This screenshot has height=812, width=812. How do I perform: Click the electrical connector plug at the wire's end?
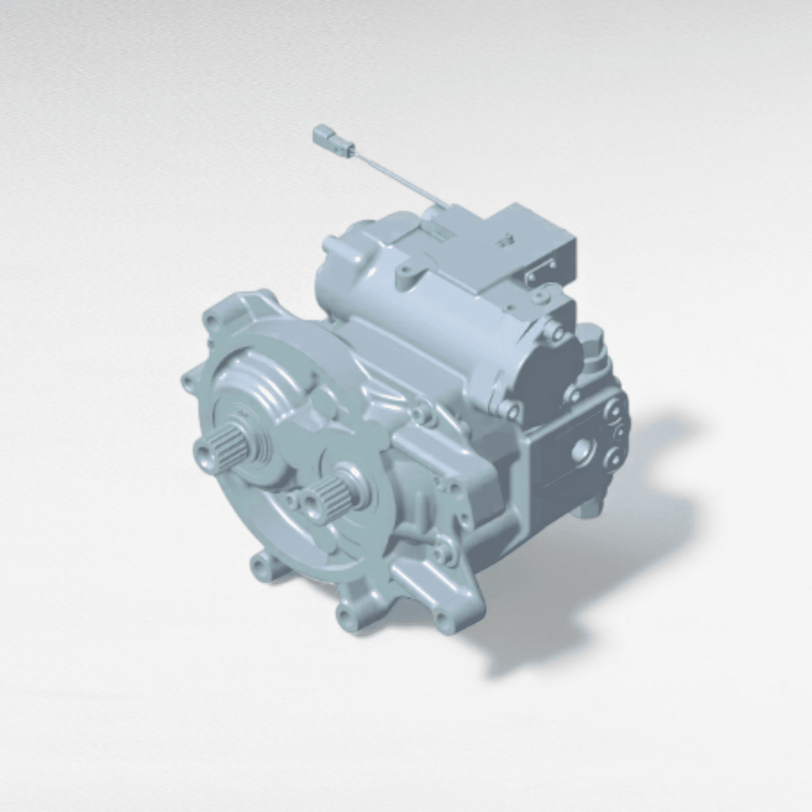coord(328,139)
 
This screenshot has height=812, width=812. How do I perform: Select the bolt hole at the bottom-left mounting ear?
coord(259,563)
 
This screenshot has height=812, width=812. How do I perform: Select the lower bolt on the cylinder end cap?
coord(510,408)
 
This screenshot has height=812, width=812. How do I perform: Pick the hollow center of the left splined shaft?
coord(204,451)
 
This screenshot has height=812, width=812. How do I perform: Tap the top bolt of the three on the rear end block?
coord(614,407)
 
